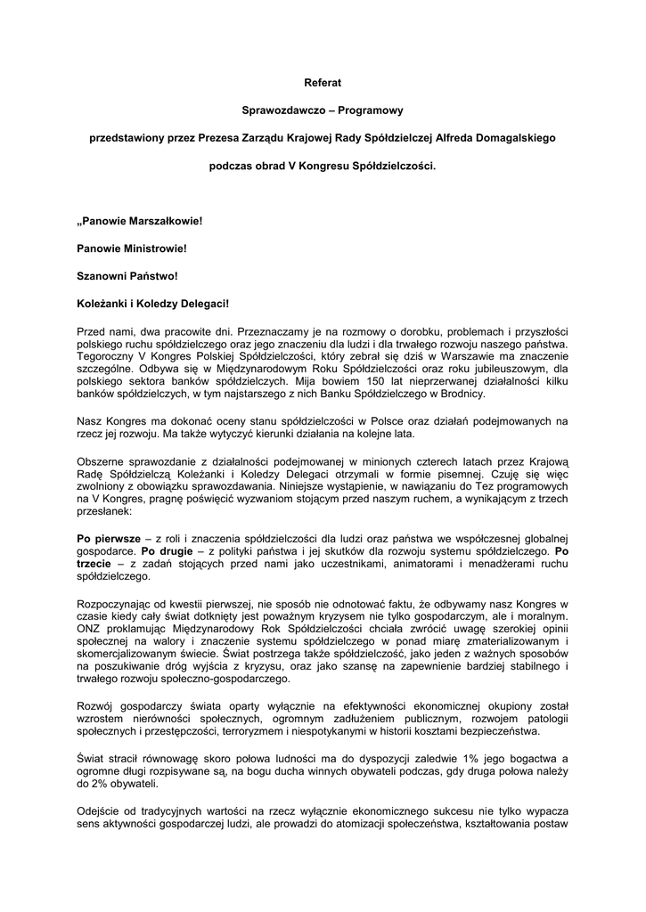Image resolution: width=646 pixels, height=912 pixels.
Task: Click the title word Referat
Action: click(x=323, y=83)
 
